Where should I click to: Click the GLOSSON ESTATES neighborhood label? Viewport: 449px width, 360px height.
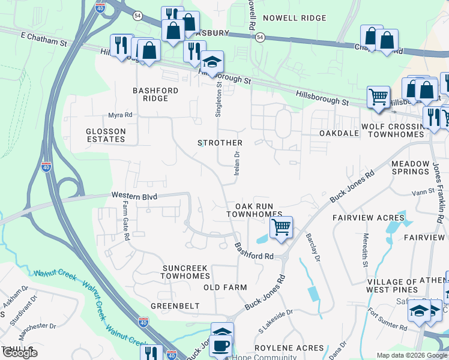[106, 135]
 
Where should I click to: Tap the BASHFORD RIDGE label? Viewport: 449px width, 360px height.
[155, 94]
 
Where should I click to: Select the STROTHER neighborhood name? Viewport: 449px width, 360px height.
[220, 143]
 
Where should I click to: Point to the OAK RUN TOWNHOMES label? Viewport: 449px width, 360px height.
[255, 210]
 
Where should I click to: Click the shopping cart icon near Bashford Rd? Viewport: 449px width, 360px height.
[280, 228]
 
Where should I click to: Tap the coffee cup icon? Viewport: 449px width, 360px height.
[221, 346]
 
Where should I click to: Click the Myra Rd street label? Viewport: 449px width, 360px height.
[119, 115]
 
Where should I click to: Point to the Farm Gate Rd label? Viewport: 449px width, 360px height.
[126, 221]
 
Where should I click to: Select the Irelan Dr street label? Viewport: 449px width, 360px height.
[237, 163]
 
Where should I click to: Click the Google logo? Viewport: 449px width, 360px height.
[19, 353]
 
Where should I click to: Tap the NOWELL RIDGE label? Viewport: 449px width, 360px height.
[295, 19]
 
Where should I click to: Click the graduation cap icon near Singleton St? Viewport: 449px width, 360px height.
[211, 62]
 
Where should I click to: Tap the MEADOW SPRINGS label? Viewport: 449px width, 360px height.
[411, 168]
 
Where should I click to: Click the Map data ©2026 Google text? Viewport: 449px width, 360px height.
[411, 355]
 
